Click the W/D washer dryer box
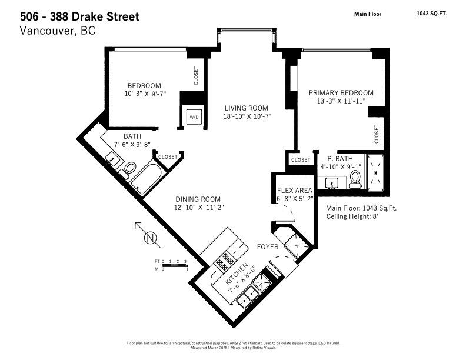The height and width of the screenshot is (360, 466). (194, 117)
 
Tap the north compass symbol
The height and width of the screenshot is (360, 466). (150, 238)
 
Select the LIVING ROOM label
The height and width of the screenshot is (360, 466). (246, 108)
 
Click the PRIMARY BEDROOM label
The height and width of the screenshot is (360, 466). (341, 93)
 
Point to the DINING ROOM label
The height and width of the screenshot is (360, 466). (198, 199)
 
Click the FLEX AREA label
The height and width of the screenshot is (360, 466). (295, 190)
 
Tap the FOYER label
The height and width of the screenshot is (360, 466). (267, 247)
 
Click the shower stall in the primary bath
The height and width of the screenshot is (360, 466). (376, 173)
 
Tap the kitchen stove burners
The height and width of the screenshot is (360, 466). (225, 261)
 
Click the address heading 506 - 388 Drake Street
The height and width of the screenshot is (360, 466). (80, 16)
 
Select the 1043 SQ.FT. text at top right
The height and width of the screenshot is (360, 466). (431, 14)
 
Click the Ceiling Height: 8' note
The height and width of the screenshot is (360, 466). (352, 216)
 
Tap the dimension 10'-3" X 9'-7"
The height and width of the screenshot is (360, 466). (145, 93)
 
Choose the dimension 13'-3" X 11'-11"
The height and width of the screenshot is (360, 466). (341, 101)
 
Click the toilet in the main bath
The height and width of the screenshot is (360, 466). (126, 170)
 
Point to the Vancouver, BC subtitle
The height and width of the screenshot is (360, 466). (57, 31)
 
